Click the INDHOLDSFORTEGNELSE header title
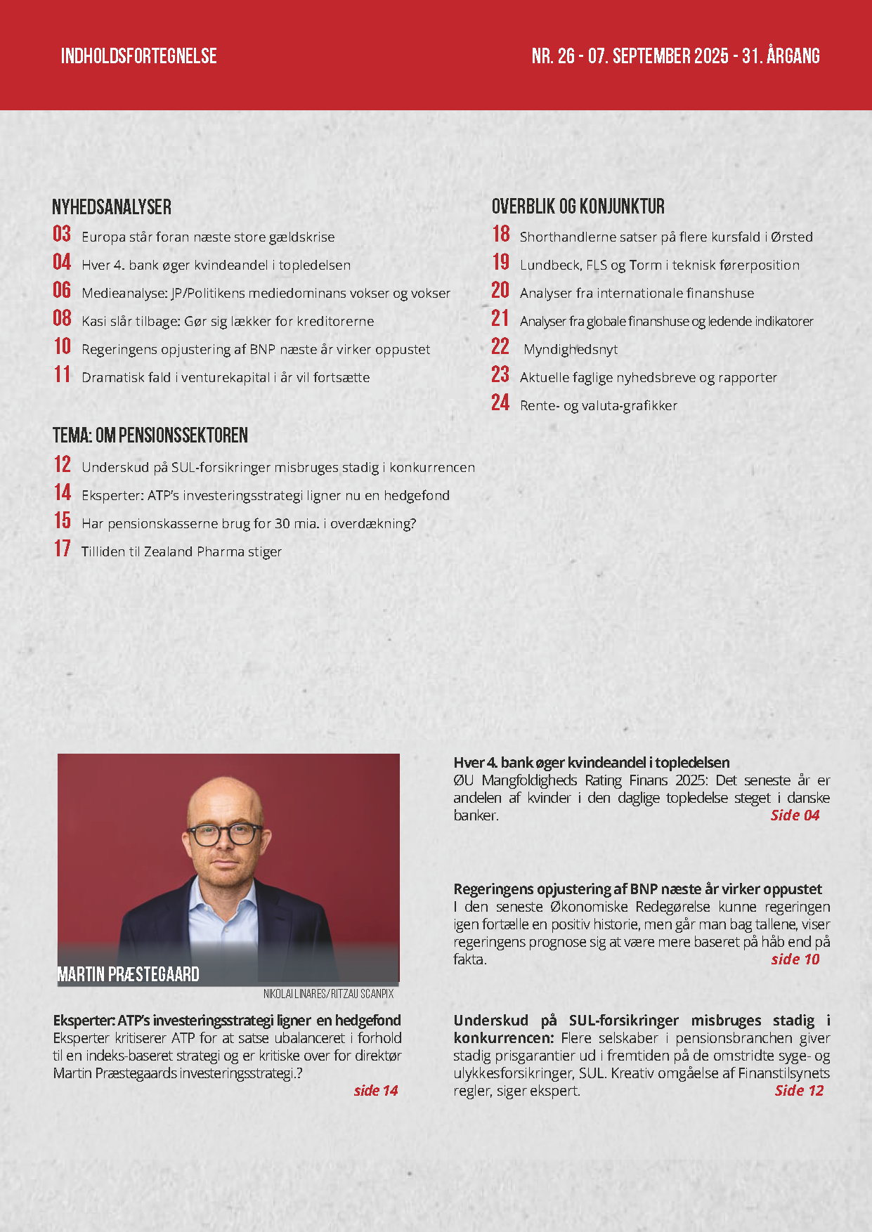tap(138, 56)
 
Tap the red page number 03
tap(62, 235)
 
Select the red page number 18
tap(501, 235)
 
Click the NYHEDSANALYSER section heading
tap(112, 207)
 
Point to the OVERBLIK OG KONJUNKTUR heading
tap(578, 207)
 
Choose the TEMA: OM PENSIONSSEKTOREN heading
tap(150, 435)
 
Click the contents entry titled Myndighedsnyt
tap(571, 350)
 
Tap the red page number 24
tap(500, 403)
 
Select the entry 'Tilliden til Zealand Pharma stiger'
tap(181, 552)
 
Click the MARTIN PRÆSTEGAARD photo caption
tap(128, 974)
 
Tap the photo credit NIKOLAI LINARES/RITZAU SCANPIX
tap(328, 995)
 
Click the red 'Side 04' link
tap(795, 815)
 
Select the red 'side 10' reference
tap(795, 959)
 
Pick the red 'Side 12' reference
tap(799, 1091)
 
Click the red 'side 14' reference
tap(375, 1091)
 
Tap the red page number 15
tap(63, 521)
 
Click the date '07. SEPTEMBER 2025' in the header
tap(658, 56)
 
